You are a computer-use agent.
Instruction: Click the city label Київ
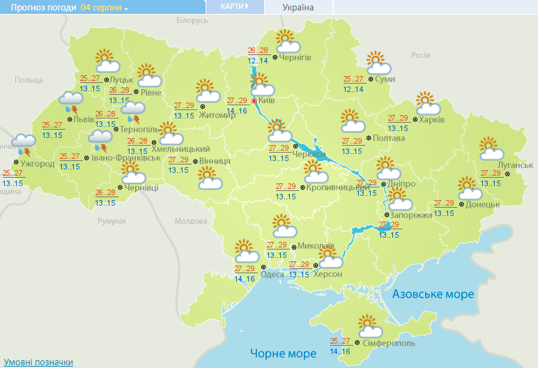point(267,102)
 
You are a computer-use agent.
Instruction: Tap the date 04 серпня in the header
point(103,8)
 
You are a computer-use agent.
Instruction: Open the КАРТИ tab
point(234,6)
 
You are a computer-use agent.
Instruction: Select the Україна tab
point(298,8)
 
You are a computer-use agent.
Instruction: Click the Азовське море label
point(433,294)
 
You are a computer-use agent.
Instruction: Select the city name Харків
point(432,119)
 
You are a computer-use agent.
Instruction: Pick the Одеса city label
point(272,274)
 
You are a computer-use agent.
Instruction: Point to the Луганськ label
point(517,164)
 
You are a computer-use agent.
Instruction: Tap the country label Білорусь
point(192,21)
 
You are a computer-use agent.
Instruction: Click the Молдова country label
point(190,221)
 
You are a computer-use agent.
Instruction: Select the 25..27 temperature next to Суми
point(354,79)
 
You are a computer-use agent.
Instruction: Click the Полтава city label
point(389,138)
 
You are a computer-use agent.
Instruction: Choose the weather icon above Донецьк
point(470,188)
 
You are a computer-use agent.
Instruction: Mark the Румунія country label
point(112,221)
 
